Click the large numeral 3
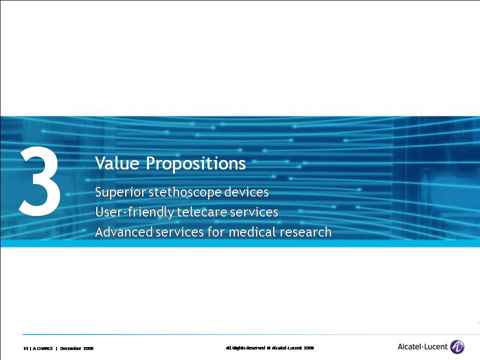(x=40, y=181)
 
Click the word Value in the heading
(x=117, y=163)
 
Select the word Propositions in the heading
(x=195, y=164)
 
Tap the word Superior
(x=120, y=192)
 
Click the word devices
(x=246, y=192)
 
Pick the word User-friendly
(x=134, y=212)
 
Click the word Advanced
(x=124, y=231)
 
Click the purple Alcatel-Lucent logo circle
(x=457, y=347)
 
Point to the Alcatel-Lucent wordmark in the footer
(x=422, y=347)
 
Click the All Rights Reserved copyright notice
(x=269, y=348)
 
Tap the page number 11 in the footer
(x=25, y=348)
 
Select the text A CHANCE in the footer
(x=43, y=348)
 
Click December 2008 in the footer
(x=77, y=348)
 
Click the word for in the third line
(x=216, y=231)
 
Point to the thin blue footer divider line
(x=251, y=334)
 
